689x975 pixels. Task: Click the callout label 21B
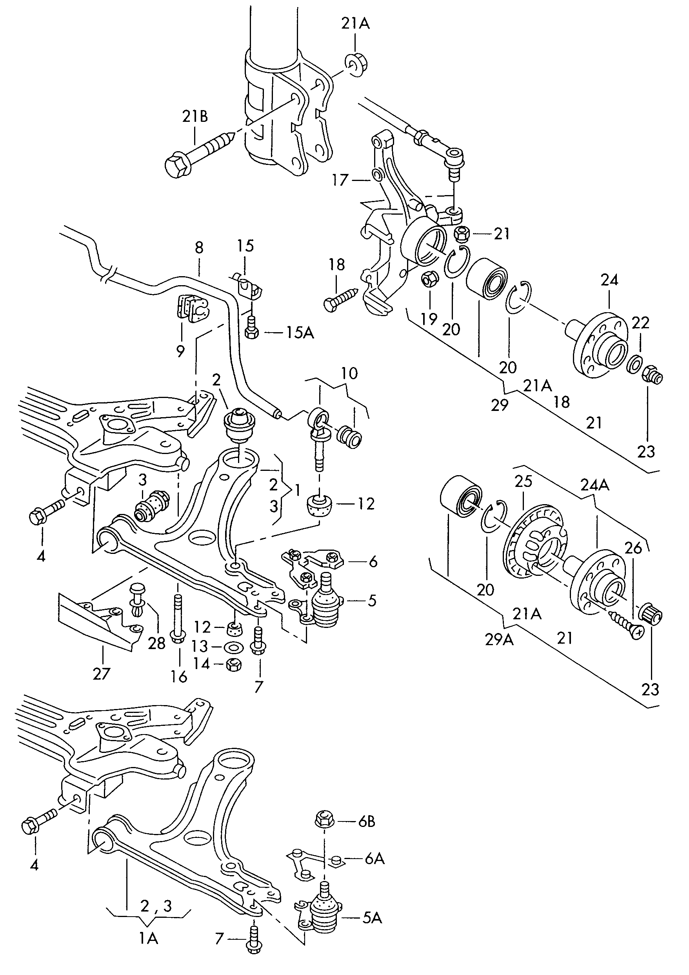(195, 116)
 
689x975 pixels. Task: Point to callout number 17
(340, 180)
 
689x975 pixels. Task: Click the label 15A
(300, 333)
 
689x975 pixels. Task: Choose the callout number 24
(609, 280)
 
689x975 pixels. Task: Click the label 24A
(594, 485)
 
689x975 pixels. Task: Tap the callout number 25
(523, 481)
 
